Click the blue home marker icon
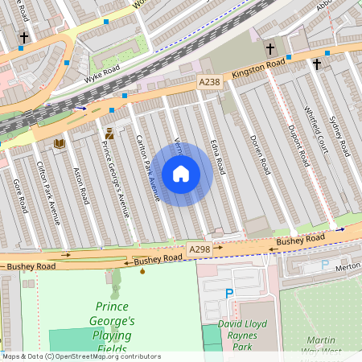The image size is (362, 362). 181,174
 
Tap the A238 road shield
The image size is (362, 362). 209,82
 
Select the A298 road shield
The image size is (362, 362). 199,250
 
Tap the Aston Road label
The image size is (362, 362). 80,186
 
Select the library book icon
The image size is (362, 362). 59,143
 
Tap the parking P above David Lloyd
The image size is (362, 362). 229,294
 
